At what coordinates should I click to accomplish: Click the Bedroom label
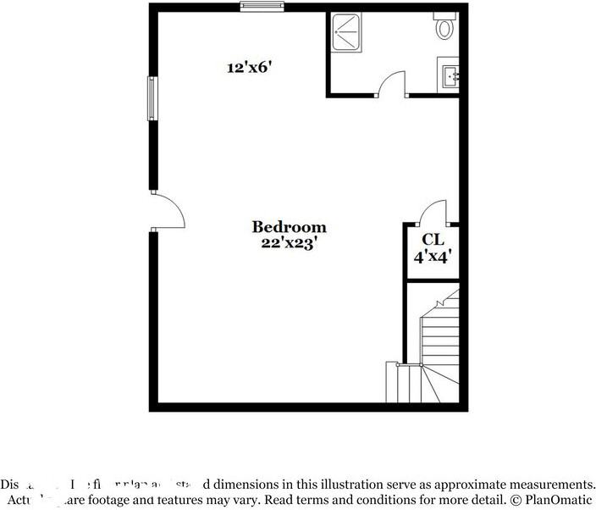289,227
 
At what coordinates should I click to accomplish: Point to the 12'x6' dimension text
247,67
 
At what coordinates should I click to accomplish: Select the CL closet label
433,239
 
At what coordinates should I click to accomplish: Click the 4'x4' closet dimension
433,255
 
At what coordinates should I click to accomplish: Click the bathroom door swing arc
390,82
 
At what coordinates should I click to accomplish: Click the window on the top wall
259,7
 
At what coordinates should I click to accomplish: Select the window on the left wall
153,98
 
